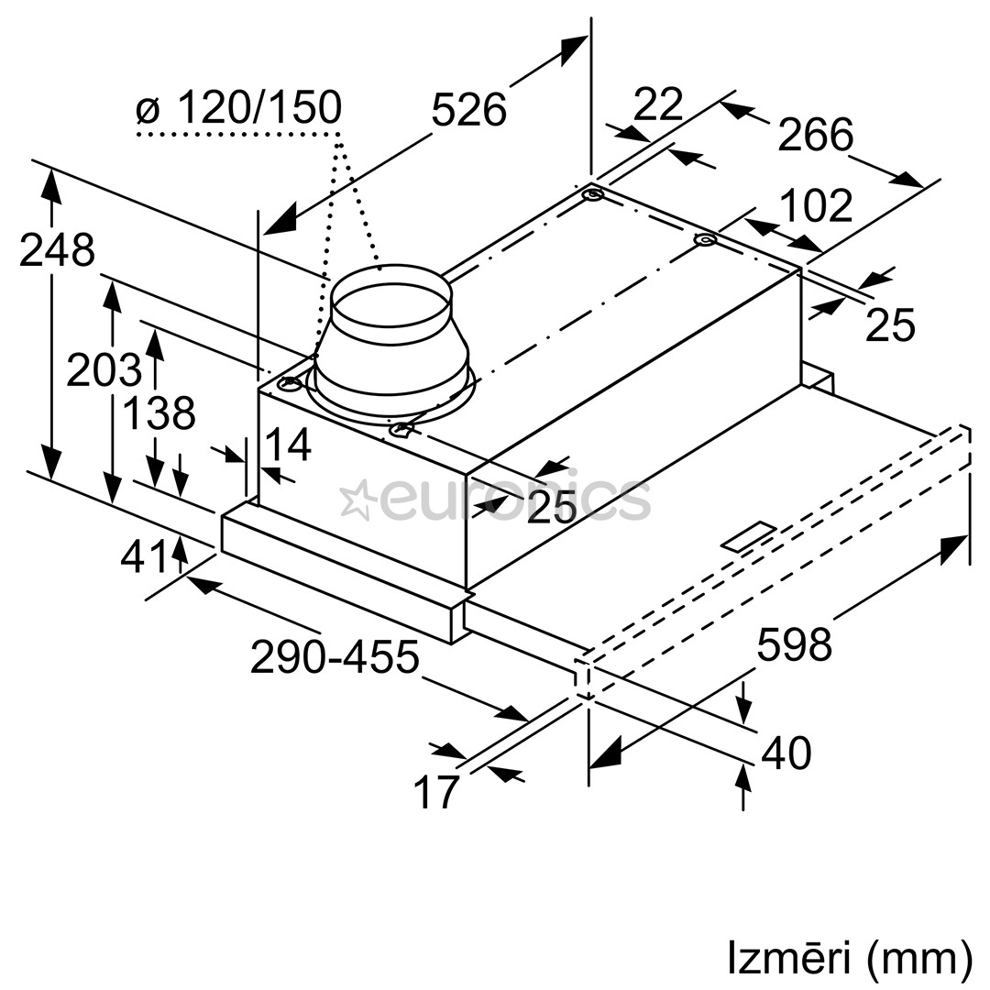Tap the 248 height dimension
coord(57,250)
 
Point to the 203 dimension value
coord(104,370)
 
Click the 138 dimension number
coord(159,413)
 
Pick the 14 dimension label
coord(288,445)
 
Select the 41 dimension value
coord(145,556)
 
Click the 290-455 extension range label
coord(335,657)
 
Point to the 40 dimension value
coord(786,753)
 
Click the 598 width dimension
coord(794,644)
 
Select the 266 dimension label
coord(815,136)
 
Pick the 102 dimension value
coord(815,206)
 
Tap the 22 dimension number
coord(658,104)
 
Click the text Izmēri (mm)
coord(849,957)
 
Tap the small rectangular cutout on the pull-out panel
coord(748,537)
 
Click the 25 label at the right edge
coord(890,324)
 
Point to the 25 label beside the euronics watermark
coord(551,506)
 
